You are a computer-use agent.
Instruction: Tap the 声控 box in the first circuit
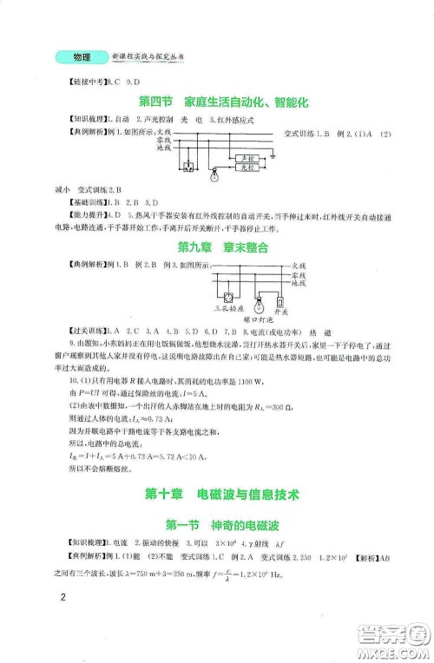(x=250, y=157)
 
